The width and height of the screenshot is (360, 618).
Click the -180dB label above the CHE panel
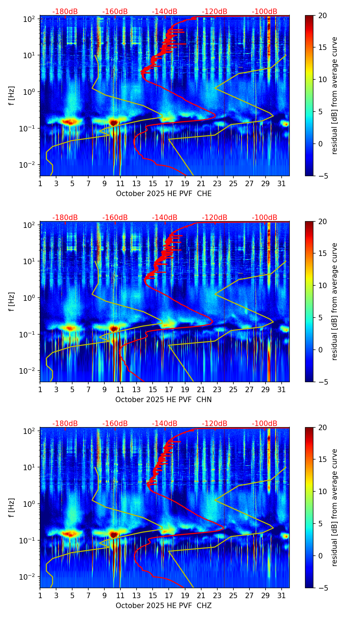coord(65,12)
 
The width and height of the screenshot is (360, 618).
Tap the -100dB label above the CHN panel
coord(265,218)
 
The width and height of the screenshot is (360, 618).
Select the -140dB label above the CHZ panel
coord(165,424)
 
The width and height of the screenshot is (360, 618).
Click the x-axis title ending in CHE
coord(164,194)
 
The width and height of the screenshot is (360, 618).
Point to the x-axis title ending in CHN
coord(164,400)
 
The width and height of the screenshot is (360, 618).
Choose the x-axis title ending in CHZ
coord(164,606)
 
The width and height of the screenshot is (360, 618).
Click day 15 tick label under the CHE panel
coord(153,184)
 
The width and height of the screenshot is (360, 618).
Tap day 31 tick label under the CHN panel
coord(281,390)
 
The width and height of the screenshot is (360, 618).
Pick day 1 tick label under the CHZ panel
coord(40,596)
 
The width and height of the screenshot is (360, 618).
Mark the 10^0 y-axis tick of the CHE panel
coord(29,92)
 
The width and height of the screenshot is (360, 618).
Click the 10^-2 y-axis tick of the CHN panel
coord(28,371)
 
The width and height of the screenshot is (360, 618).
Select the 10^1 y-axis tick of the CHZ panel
coord(29,467)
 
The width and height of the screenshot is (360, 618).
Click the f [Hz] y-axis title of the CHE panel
coord(12,95)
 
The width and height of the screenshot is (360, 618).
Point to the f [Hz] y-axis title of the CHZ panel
coord(12,507)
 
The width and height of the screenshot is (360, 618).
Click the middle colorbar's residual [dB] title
coord(334,301)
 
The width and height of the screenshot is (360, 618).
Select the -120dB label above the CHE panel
coord(215,12)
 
